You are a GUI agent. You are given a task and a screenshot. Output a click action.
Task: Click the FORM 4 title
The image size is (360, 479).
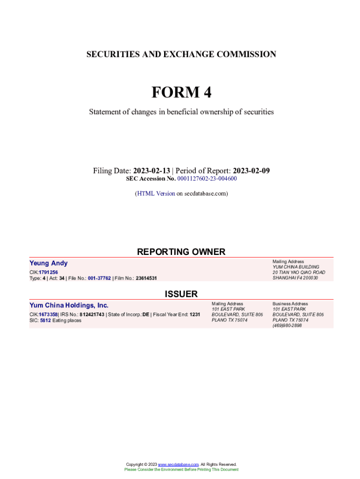181,93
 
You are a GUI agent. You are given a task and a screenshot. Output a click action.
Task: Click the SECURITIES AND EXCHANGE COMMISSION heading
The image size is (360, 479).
181,54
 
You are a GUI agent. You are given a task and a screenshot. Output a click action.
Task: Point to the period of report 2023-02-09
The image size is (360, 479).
251,171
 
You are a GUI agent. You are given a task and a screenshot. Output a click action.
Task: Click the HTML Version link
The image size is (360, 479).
156,193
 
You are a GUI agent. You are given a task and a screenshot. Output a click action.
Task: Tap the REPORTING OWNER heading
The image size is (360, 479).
181,252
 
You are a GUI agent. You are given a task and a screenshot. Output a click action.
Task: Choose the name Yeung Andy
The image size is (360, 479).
49,263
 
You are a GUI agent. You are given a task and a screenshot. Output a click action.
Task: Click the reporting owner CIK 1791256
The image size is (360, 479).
48,272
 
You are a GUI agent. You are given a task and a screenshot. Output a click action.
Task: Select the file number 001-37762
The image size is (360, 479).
99,278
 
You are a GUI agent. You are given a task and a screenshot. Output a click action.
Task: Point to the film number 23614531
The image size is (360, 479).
146,278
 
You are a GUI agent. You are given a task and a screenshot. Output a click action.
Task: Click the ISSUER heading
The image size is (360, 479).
181,294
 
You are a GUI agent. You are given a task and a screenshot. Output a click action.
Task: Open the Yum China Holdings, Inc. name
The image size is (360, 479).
69,305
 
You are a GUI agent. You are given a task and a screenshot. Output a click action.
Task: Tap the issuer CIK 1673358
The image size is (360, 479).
48,314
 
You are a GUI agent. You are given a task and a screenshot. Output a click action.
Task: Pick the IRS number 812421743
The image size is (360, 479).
92,314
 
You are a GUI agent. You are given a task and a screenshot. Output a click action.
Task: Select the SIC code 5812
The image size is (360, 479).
45,320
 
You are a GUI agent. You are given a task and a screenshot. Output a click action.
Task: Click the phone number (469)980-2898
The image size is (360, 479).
287,326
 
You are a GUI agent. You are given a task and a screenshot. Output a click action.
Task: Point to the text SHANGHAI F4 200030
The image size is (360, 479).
295,278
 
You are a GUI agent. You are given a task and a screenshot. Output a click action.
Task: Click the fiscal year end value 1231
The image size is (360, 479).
194,314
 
